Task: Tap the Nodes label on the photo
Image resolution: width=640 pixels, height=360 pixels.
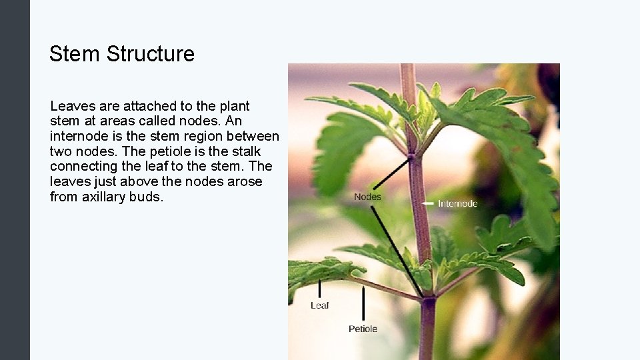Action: pyautogui.click(x=367, y=197)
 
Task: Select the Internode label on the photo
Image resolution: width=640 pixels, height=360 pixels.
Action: pyautogui.click(x=457, y=203)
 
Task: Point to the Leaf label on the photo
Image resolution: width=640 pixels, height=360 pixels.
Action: pyautogui.click(x=320, y=305)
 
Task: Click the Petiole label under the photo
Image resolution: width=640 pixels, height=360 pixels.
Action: pyautogui.click(x=363, y=329)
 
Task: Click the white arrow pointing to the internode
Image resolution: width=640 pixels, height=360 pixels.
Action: pyautogui.click(x=427, y=203)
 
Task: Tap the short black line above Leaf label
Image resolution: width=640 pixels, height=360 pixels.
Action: pyautogui.click(x=319, y=288)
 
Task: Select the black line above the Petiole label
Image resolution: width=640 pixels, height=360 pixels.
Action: pyautogui.click(x=363, y=303)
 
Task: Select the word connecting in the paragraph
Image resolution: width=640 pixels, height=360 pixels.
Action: pyautogui.click(x=81, y=166)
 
